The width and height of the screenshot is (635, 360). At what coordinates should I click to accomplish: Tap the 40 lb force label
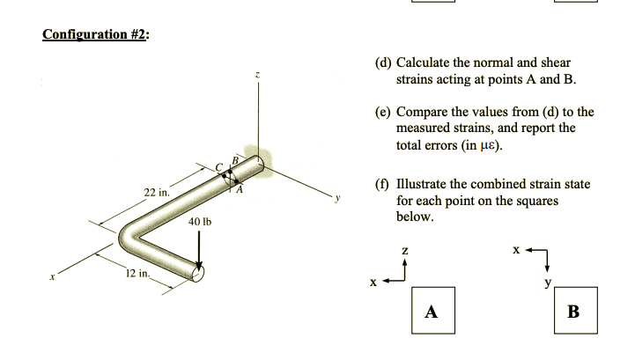[x=200, y=222]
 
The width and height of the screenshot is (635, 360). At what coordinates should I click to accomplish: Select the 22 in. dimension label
[x=158, y=192]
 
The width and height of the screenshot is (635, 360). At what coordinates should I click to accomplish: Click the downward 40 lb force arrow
[x=200, y=252]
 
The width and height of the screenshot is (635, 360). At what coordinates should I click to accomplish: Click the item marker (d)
[x=383, y=63]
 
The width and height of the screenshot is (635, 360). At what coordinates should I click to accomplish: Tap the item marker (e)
[x=383, y=113]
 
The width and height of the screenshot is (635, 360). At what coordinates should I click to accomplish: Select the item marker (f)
[x=382, y=185]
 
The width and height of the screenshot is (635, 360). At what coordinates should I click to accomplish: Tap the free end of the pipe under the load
[x=196, y=272]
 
